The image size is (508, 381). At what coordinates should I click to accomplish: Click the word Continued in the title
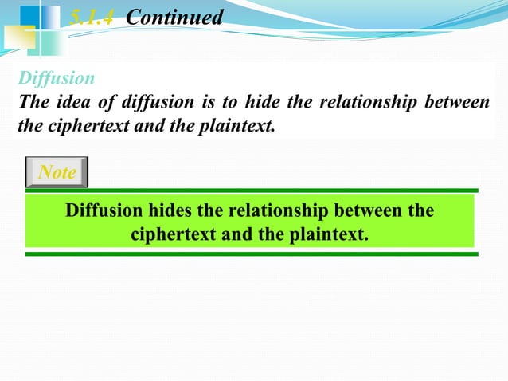[x=175, y=16]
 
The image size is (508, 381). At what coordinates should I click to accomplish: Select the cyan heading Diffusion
[x=57, y=79]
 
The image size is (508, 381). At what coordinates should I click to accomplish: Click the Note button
[x=57, y=171]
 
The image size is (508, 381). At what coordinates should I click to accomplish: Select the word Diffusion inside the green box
[x=104, y=212]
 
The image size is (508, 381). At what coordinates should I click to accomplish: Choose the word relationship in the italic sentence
[x=365, y=102]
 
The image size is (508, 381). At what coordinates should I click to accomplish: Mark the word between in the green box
[x=371, y=212]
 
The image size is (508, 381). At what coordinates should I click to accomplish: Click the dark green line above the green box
[x=252, y=190]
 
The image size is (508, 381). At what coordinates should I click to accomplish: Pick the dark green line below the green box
[x=252, y=254]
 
